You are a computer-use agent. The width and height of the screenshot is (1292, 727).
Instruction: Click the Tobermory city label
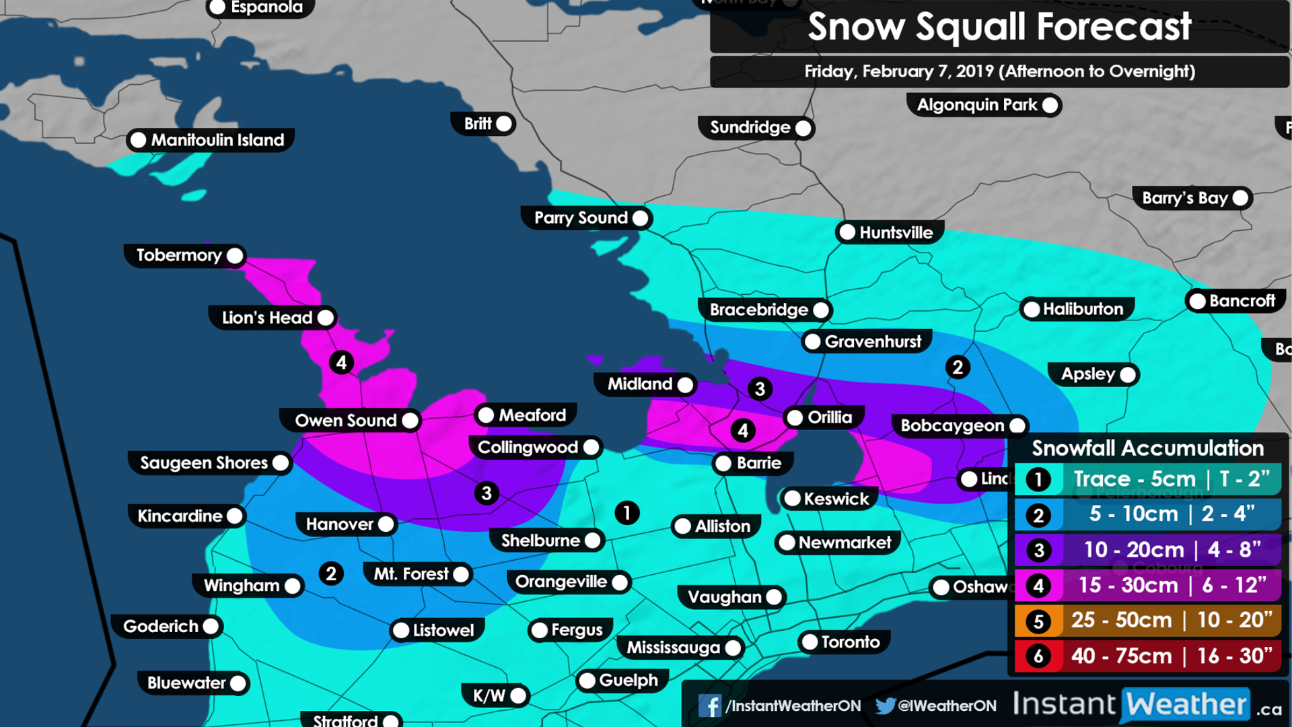point(179,255)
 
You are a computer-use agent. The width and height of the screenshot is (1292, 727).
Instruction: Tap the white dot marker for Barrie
point(723,463)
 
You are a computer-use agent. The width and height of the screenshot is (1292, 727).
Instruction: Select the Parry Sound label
point(581,218)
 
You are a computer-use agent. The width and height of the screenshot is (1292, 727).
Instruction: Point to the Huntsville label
point(896,233)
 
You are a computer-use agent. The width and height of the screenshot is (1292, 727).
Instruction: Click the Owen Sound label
point(346,421)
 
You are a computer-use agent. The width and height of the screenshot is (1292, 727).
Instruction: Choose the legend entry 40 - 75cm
point(1147,656)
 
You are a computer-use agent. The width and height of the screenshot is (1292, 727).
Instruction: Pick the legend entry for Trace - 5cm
point(1147,479)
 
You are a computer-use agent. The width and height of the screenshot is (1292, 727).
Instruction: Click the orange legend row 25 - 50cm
point(1147,620)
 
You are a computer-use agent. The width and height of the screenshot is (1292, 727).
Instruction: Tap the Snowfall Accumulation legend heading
point(1147,448)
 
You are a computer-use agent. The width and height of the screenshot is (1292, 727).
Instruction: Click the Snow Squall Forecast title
point(999,27)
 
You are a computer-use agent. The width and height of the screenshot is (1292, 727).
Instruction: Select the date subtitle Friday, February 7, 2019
point(999,71)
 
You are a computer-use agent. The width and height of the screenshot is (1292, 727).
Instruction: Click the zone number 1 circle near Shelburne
point(626,513)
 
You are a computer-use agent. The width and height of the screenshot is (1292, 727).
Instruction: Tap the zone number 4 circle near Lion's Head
point(341,363)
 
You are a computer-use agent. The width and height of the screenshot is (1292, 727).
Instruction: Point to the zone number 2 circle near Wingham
point(330,574)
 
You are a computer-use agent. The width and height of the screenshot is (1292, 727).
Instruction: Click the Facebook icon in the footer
point(709,705)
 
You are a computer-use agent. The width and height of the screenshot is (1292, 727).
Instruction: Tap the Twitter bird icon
point(885,705)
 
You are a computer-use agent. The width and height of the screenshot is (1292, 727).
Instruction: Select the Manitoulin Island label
point(217,140)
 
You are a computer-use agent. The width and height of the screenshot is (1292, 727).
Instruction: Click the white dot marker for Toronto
point(810,642)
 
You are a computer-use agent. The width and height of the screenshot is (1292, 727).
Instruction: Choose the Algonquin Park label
point(977,105)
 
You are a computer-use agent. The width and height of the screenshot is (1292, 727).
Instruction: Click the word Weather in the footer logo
point(1186,705)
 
